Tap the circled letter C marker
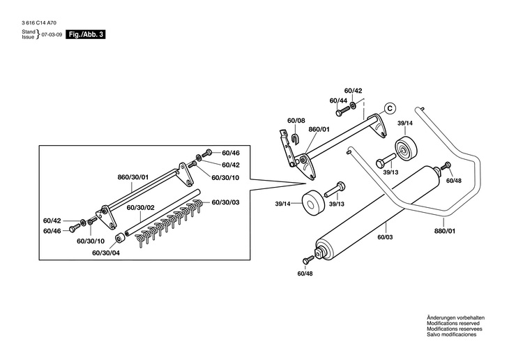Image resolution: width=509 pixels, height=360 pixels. (x=390, y=108)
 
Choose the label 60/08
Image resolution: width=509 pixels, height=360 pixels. (x=296, y=121)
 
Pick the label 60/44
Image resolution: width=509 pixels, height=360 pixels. (x=338, y=100)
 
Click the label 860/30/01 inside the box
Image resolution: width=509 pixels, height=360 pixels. (x=134, y=177)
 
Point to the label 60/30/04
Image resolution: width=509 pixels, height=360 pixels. (x=106, y=253)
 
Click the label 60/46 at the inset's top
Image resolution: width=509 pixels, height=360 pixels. (x=231, y=152)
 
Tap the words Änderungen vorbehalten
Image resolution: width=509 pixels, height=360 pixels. (x=455, y=318)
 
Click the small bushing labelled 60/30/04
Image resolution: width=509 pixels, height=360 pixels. (x=120, y=239)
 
